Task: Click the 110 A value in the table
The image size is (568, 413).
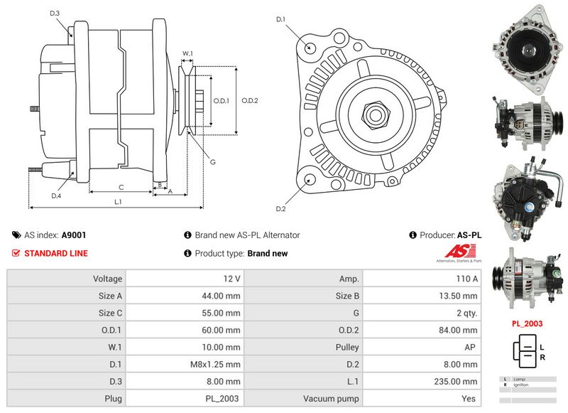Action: click(x=466, y=279)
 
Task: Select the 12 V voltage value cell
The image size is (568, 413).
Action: click(x=231, y=279)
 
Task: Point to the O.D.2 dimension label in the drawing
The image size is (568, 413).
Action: click(x=250, y=100)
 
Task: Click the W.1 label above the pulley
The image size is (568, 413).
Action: click(x=187, y=53)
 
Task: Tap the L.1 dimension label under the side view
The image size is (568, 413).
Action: click(x=118, y=202)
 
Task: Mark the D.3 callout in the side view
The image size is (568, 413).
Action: click(x=55, y=14)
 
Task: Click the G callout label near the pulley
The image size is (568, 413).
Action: click(x=212, y=162)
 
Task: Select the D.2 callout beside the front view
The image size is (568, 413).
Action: click(x=280, y=208)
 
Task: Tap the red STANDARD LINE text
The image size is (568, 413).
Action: click(x=56, y=253)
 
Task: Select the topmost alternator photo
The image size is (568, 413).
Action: click(x=527, y=50)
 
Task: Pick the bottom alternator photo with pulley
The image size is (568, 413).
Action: click(x=527, y=279)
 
